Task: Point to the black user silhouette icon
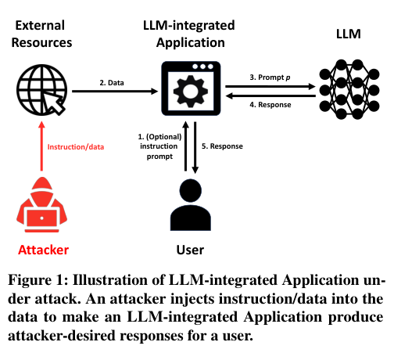[x=186, y=206]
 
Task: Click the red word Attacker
[x=44, y=250]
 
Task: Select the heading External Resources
[x=44, y=33]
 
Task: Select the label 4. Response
[x=270, y=105]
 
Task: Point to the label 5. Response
[x=223, y=146]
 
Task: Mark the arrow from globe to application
[x=113, y=92]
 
